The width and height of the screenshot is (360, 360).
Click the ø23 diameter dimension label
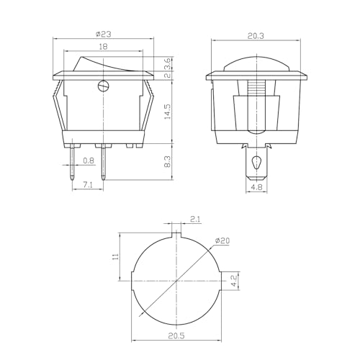point(104,34)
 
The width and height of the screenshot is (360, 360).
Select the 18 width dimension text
point(104,46)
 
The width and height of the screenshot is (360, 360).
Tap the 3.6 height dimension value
point(168,63)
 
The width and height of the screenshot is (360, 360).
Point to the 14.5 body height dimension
point(168,112)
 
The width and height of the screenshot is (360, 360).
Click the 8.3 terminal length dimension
point(168,161)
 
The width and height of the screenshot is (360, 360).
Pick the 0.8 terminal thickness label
point(89,161)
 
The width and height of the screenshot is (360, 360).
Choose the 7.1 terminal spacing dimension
point(87,185)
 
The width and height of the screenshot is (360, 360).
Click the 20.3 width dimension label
point(256,36)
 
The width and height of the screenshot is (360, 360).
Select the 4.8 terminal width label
point(256,187)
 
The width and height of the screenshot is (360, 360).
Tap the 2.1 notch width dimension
point(196,219)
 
